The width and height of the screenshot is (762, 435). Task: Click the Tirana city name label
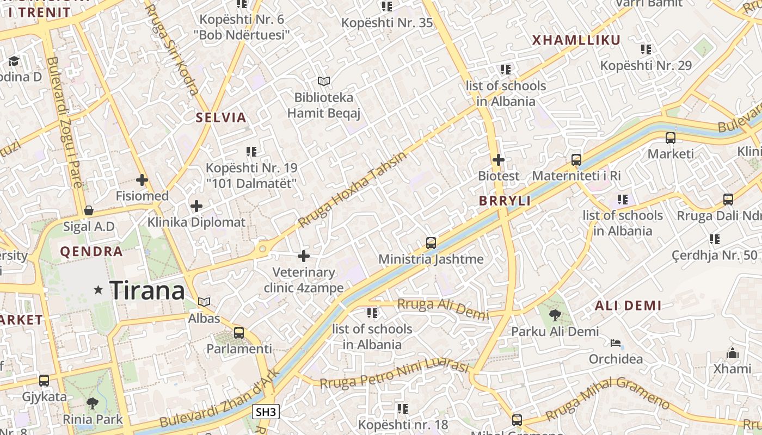click(147, 291)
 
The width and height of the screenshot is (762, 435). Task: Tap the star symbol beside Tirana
click(99, 290)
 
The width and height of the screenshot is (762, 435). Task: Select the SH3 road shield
click(266, 412)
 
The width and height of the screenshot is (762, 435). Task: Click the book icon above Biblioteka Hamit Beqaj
click(324, 82)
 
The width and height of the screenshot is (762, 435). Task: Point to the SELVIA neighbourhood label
click(221, 117)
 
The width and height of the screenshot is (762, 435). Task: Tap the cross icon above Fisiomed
click(142, 179)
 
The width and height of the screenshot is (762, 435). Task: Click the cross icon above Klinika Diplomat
click(196, 206)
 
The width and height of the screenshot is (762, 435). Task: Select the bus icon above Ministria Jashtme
click(431, 243)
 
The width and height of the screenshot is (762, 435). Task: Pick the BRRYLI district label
click(505, 201)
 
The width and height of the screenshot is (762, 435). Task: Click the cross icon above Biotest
click(498, 160)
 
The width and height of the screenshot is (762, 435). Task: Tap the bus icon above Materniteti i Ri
click(576, 160)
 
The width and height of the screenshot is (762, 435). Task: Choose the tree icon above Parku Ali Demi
click(555, 315)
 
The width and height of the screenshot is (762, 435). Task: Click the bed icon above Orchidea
click(616, 343)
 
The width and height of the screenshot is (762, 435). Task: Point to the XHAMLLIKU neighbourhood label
click(576, 40)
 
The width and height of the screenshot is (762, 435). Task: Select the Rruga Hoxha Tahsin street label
click(353, 189)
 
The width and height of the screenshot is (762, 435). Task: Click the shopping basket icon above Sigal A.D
click(89, 210)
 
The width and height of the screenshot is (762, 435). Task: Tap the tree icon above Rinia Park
click(93, 403)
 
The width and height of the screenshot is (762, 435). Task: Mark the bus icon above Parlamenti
click(238, 333)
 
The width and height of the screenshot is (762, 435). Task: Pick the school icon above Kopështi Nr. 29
click(646, 49)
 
